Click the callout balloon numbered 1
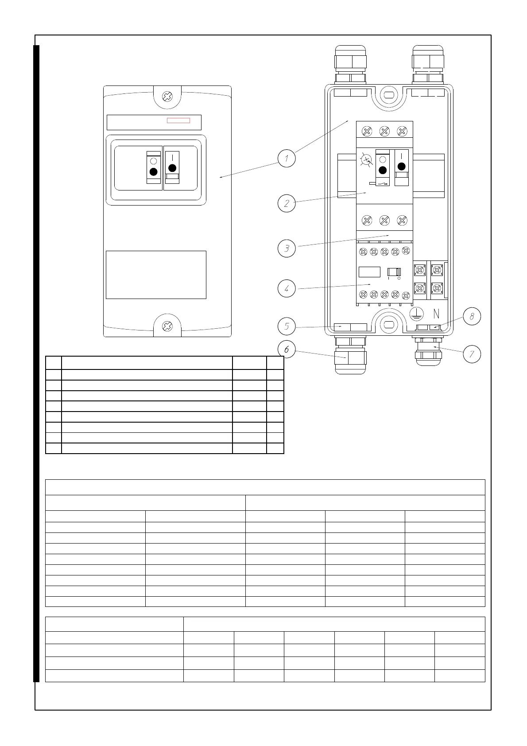tap(287, 158)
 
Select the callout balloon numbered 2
tap(287, 203)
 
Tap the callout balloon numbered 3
tap(287, 248)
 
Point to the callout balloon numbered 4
tap(287, 289)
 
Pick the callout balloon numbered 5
tap(287, 327)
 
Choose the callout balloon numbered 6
tap(287, 350)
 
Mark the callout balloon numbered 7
tap(472, 354)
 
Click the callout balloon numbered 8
tap(472, 317)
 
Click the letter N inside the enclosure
tap(436, 314)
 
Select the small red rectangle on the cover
tap(178, 120)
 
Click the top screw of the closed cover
tap(167, 96)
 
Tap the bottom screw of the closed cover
tap(167, 326)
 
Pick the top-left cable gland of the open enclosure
tap(350, 64)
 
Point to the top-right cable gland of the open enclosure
tap(428, 64)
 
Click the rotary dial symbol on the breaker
tap(366, 160)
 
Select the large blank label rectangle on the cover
tap(156, 275)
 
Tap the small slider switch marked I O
tap(394, 272)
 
